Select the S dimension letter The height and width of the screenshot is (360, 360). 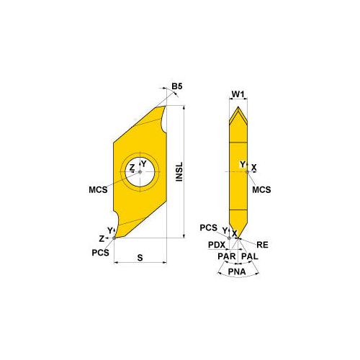[141, 256]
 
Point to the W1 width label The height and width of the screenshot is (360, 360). [239, 93]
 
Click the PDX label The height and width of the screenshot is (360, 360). [218, 245]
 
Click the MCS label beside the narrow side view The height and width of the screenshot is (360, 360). [262, 189]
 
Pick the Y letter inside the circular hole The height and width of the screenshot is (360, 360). [143, 164]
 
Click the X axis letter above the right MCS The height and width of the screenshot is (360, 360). [254, 167]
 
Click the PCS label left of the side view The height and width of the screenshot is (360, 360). [209, 228]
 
